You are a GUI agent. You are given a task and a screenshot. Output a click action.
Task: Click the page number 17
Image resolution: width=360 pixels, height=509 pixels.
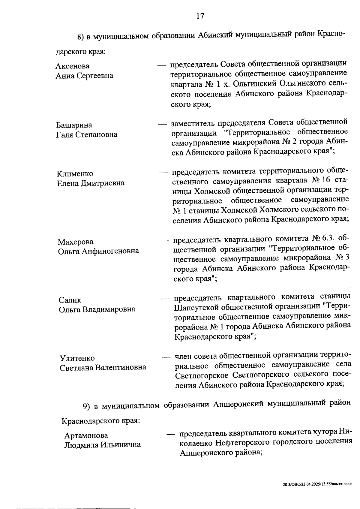pos(200,16)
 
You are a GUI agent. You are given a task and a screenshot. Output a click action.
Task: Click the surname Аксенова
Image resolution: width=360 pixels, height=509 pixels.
pos(72,66)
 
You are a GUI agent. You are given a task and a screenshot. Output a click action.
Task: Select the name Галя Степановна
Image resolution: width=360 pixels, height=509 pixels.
pos(87,134)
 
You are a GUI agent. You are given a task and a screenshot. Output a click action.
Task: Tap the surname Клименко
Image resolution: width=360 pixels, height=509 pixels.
pos(75,174)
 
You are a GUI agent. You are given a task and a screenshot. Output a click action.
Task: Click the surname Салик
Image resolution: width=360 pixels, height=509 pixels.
pos(70,300)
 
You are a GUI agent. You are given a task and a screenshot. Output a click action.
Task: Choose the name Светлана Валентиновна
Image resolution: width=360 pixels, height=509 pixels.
pos(103,368)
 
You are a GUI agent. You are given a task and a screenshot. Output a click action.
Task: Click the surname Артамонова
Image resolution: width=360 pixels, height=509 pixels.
pos(86,435)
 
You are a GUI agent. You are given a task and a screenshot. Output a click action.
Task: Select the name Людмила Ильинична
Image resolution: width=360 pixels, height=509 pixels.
pos(102,444)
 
